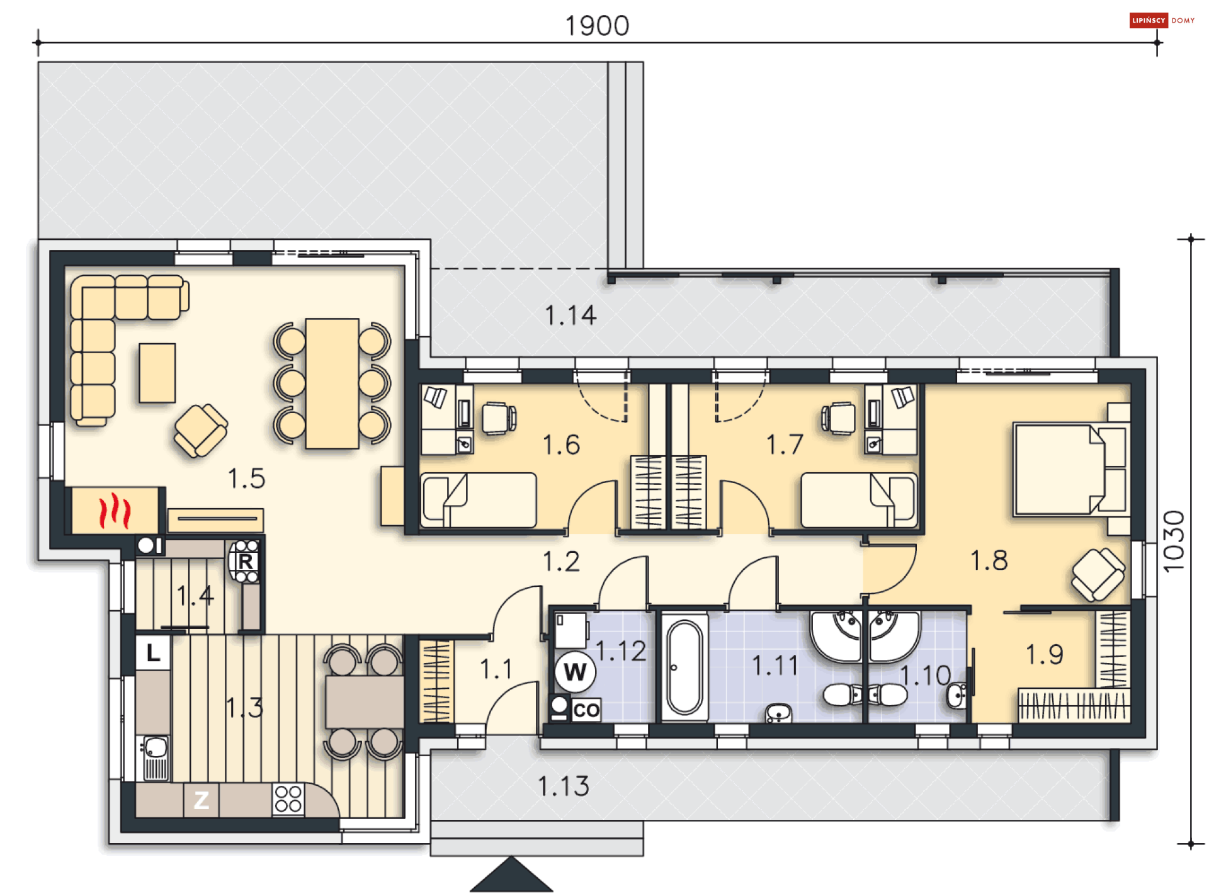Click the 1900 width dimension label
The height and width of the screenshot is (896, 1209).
pos(597,26)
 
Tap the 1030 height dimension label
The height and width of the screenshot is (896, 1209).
pos(1174,541)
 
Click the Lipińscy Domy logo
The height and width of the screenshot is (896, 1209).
pos(1162,20)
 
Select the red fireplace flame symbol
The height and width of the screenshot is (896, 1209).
pos(115,511)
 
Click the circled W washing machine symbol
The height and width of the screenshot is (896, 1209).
pos(575,672)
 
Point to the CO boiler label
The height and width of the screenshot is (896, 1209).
pos(586,710)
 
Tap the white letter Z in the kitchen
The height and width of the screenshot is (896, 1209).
pos(201,800)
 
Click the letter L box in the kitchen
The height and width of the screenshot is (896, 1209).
pos(153,653)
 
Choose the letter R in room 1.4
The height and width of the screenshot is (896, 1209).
pos(246,561)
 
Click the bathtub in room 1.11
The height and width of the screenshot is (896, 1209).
pos(684,667)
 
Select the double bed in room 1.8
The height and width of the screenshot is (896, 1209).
pos(1071,470)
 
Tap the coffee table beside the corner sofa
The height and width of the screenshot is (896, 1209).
pos(157,373)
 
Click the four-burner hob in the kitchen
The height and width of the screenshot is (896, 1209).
pos(288,799)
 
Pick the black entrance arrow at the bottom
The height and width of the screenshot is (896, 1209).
pos(511,875)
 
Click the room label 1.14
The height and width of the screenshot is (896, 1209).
pos(570,315)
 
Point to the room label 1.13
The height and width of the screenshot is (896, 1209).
pos(564,786)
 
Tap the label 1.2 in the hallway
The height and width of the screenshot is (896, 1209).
pos(561,562)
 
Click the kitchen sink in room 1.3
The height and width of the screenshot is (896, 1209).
pos(154,758)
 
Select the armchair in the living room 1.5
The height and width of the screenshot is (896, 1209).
pos(201,431)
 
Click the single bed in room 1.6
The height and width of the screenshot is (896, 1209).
pos(479,500)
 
